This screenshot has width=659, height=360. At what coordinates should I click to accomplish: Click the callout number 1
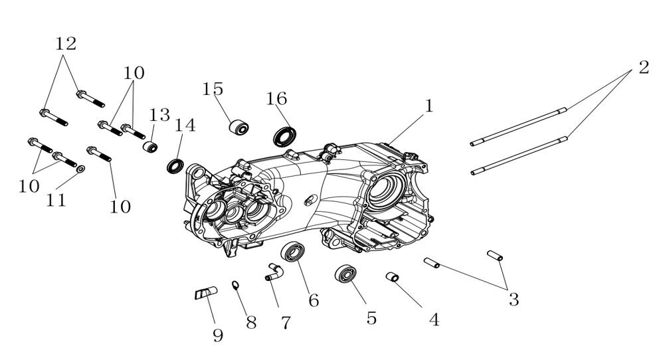click(x=429, y=106)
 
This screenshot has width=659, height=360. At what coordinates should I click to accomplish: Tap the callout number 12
click(x=66, y=44)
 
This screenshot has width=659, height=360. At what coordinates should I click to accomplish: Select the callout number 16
click(x=276, y=98)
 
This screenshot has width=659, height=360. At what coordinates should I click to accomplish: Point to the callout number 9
click(x=217, y=335)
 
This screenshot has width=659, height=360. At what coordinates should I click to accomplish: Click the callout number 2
click(x=643, y=67)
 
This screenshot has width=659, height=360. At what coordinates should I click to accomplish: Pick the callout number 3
click(x=513, y=299)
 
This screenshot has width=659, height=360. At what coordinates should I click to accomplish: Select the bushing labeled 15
click(x=239, y=126)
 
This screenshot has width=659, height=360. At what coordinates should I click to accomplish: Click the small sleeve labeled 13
click(x=151, y=145)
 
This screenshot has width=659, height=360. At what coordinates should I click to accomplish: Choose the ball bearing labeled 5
click(x=345, y=274)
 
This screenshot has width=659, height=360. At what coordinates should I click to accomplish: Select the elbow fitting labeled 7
click(x=274, y=270)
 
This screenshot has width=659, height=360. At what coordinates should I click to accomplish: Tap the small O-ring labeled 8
click(x=235, y=286)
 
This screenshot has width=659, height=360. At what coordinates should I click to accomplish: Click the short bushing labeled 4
click(x=393, y=277)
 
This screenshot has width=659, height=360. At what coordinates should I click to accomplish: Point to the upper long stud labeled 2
click(x=518, y=126)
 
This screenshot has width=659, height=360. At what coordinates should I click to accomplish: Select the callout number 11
click(x=56, y=200)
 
